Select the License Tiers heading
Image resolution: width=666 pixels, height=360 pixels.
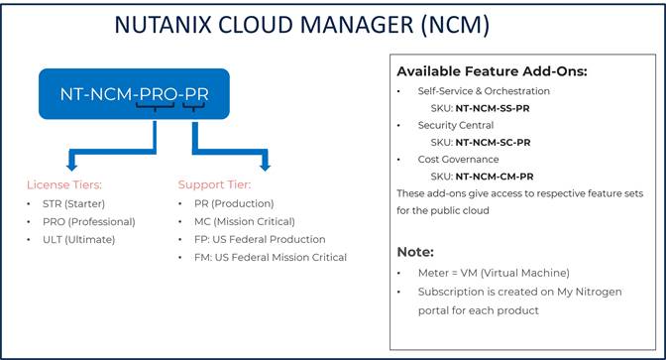pyautogui.click(x=63, y=184)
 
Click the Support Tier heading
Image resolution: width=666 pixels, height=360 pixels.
pyautogui.click(x=214, y=184)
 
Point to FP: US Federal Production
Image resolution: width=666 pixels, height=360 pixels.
pyautogui.click(x=261, y=239)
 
